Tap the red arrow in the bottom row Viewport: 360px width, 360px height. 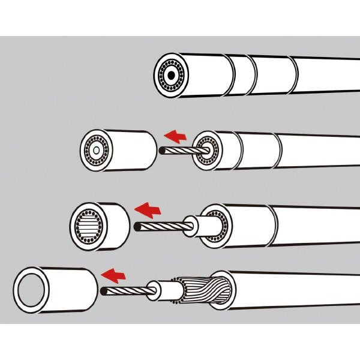(116, 274)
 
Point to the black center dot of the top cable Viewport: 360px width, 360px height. (172, 77)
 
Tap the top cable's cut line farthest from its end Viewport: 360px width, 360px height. (295, 75)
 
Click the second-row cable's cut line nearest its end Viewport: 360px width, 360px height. (239, 151)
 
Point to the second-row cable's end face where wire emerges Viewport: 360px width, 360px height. (208, 151)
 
